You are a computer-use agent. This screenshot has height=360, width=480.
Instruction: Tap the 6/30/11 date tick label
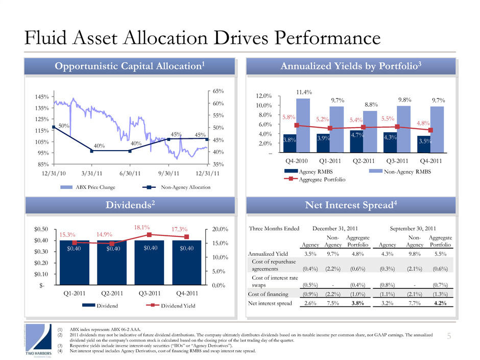coord(130,173)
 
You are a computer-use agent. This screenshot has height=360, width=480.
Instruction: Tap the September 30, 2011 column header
coord(413,229)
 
